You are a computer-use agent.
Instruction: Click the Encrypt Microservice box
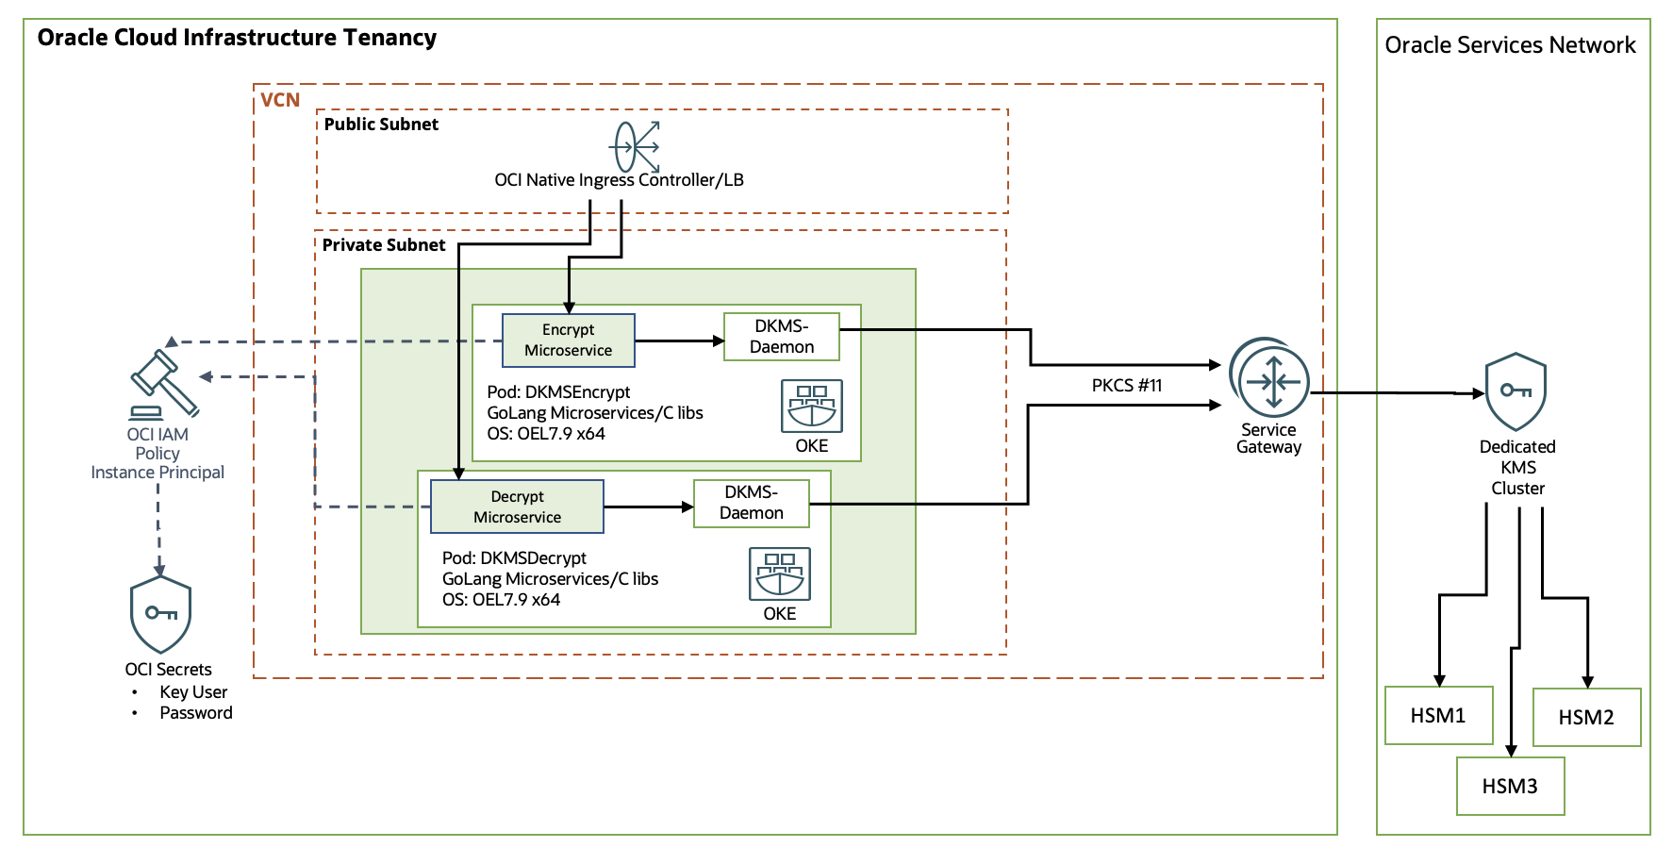[568, 340]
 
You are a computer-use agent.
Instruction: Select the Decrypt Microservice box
[517, 507]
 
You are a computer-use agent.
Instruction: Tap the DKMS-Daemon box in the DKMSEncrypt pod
[781, 337]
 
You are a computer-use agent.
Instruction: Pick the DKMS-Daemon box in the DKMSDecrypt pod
[751, 503]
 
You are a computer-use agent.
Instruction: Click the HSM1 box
[1438, 715]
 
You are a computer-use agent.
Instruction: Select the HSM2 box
[1586, 717]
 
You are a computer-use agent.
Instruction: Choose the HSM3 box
[1510, 786]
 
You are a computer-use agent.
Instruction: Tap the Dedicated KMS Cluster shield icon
[1516, 391]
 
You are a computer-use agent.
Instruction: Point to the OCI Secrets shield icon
[160, 615]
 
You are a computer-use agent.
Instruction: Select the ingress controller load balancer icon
[635, 146]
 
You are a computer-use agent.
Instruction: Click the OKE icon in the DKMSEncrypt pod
[811, 406]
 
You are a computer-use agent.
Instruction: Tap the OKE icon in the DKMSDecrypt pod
[779, 573]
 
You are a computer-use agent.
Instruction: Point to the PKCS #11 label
[1126, 385]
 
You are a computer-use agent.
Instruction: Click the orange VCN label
[280, 100]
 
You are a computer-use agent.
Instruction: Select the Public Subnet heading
[381, 124]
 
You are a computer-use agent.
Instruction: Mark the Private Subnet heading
[383, 244]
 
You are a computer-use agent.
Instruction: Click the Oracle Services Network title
[1510, 45]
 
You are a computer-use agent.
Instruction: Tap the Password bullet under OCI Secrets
[195, 713]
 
